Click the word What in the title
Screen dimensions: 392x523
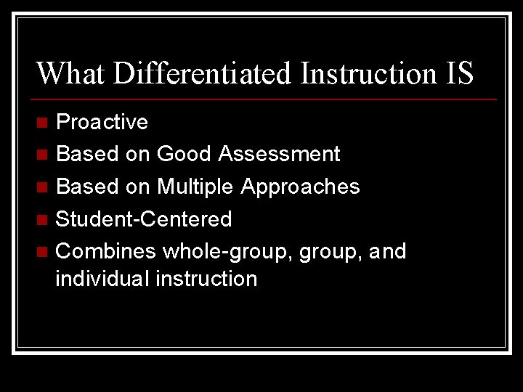point(70,73)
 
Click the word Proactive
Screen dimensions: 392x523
point(102,122)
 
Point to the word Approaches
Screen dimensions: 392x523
point(300,187)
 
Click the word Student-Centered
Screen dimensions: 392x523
point(144,219)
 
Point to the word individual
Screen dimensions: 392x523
point(102,279)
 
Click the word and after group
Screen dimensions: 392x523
point(387,251)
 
